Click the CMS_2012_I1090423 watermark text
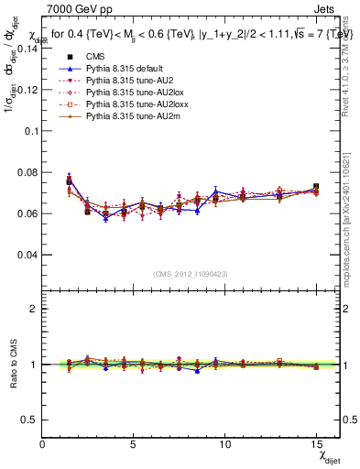point(191,275)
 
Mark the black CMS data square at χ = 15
point(316,187)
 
